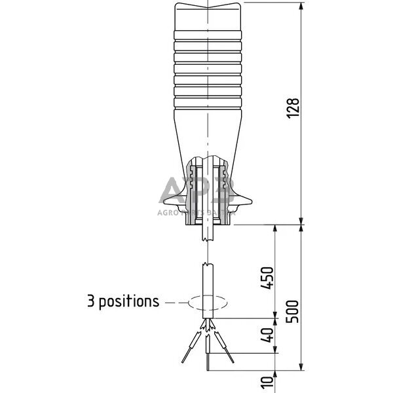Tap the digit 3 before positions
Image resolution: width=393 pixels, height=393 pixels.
coord(92,301)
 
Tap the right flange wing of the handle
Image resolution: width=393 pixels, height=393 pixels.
coord(250,200)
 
